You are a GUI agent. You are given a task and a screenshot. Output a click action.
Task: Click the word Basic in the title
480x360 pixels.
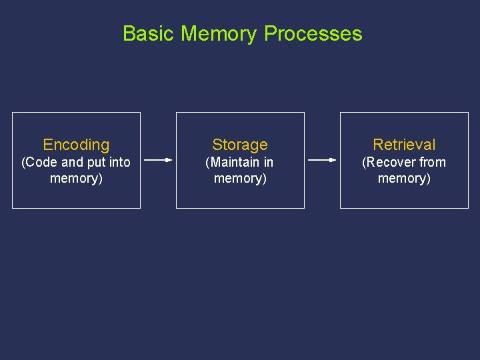pos(149,33)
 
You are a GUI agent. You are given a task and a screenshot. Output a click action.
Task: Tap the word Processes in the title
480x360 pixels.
pos(313,33)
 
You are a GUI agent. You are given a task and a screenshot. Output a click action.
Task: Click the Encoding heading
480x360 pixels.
pos(76,145)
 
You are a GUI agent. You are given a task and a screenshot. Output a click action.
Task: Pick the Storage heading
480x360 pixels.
pos(240,145)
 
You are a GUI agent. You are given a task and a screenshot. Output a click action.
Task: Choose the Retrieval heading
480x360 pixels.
pos(404,145)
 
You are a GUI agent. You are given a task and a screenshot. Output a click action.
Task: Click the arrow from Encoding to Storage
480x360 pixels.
pos(158,160)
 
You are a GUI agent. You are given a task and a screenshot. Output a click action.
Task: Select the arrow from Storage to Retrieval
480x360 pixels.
pos(323,160)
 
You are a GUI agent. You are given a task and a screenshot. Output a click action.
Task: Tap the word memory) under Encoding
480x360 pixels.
pos(76,178)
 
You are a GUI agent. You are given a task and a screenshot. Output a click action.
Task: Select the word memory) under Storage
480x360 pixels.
pos(240,178)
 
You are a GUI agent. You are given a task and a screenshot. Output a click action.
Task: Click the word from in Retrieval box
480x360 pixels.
pos(433,162)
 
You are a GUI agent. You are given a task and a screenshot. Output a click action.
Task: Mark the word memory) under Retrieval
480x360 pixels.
pos(404,178)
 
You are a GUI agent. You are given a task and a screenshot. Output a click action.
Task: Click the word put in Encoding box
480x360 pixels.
pos(95,162)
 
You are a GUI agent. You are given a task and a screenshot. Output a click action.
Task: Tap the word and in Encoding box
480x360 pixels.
pos(72,162)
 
